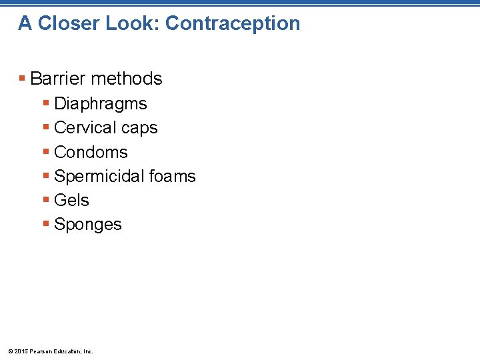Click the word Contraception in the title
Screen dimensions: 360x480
(x=233, y=23)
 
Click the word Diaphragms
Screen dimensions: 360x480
(x=100, y=104)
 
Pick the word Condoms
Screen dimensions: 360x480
(x=91, y=152)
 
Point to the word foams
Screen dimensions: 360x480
(x=173, y=177)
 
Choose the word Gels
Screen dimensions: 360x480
(x=71, y=201)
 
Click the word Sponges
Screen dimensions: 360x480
(x=87, y=225)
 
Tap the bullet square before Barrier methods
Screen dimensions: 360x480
(x=23, y=79)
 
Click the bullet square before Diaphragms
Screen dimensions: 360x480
(x=46, y=104)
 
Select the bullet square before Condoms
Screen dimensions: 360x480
(x=46, y=152)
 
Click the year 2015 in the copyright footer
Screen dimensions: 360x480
(x=19, y=351)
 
